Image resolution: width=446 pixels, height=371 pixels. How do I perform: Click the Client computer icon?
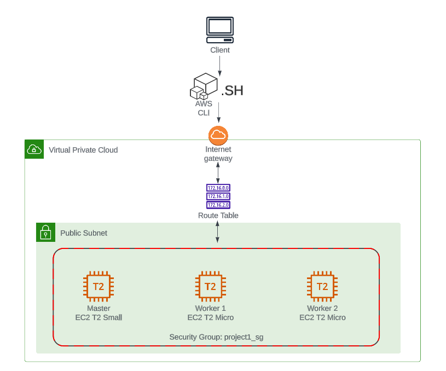(220, 30)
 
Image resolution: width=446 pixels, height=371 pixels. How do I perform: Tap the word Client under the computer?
(220, 50)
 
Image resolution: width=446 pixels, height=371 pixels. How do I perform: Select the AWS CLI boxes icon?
(204, 86)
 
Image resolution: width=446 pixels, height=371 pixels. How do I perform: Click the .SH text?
(232, 91)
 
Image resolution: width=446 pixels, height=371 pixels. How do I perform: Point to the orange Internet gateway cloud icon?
(218, 135)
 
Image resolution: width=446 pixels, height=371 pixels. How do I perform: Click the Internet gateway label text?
(218, 154)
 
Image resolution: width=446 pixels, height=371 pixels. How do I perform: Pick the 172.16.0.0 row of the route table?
(218, 188)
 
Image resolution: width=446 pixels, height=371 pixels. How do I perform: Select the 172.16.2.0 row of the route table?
(218, 205)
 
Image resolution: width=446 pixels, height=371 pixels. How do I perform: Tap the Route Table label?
(218, 216)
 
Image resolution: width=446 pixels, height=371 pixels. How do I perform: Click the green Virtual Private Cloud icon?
(34, 149)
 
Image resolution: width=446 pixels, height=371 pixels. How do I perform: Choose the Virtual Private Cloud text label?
(83, 150)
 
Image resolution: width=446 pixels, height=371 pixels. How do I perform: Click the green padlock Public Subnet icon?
(45, 233)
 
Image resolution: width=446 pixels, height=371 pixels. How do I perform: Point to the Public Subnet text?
(84, 233)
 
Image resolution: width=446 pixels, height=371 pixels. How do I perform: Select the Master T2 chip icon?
(99, 286)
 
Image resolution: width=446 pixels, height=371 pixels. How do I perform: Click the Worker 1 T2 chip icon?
(210, 286)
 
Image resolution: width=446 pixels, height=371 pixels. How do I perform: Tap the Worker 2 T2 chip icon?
(322, 286)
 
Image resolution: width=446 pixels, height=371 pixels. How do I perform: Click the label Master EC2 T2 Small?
(99, 313)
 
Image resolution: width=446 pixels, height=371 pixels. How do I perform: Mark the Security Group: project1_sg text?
(216, 337)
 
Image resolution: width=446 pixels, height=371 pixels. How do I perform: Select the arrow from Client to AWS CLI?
(220, 65)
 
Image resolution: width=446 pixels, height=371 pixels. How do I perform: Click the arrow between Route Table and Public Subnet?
(218, 232)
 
